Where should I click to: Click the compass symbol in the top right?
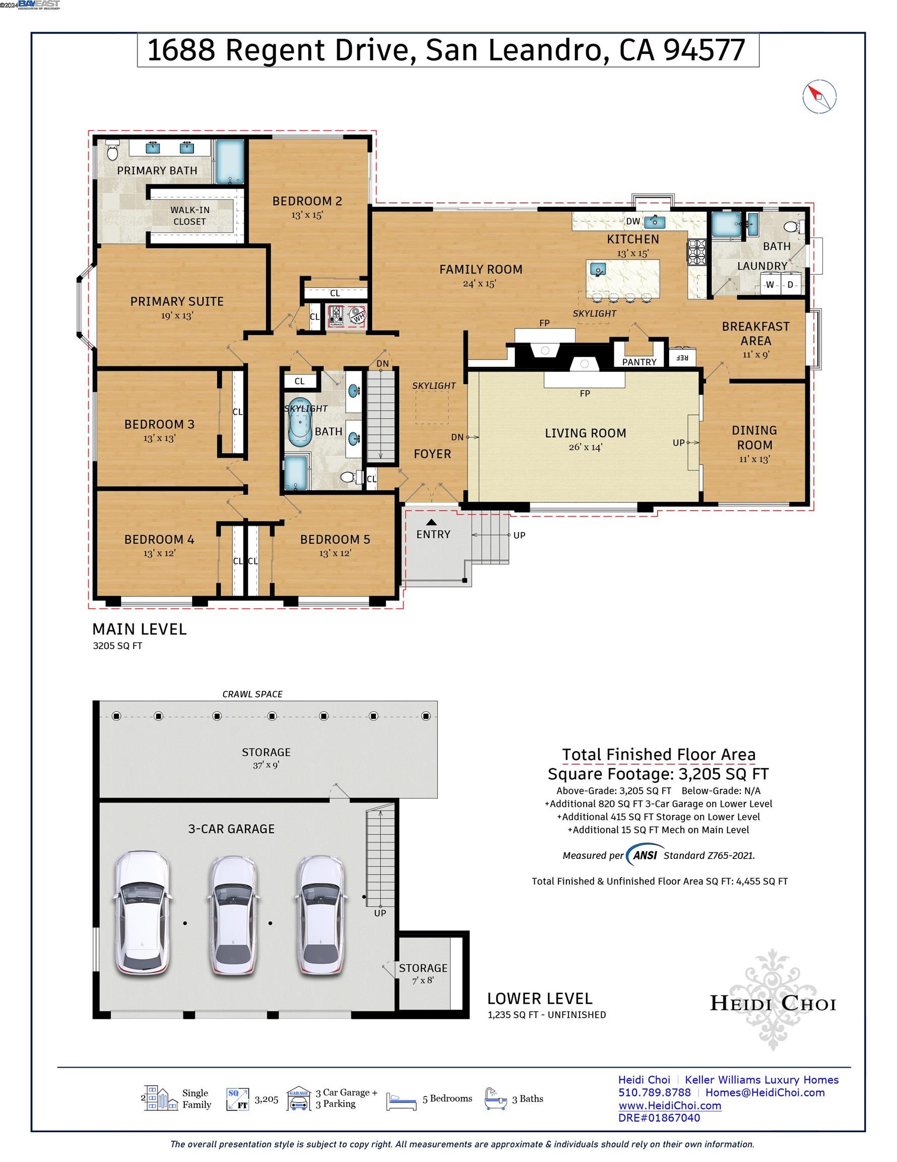[x=819, y=97]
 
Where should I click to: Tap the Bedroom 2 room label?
[x=307, y=201]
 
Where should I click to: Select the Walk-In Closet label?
[x=190, y=215]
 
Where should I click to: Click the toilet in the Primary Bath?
[x=112, y=151]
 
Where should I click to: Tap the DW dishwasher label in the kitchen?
[x=633, y=221]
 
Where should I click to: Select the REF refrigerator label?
[x=682, y=358]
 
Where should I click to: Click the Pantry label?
[x=639, y=362]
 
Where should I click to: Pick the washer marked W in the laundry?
[x=770, y=284]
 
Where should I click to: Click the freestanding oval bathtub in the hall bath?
[x=300, y=421]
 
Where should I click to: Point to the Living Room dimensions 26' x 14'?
[x=585, y=447]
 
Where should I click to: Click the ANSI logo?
[x=645, y=855]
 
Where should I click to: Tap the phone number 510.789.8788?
[x=655, y=1092]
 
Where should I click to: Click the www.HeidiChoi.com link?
[x=669, y=1106]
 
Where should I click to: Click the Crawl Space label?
[x=252, y=694]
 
